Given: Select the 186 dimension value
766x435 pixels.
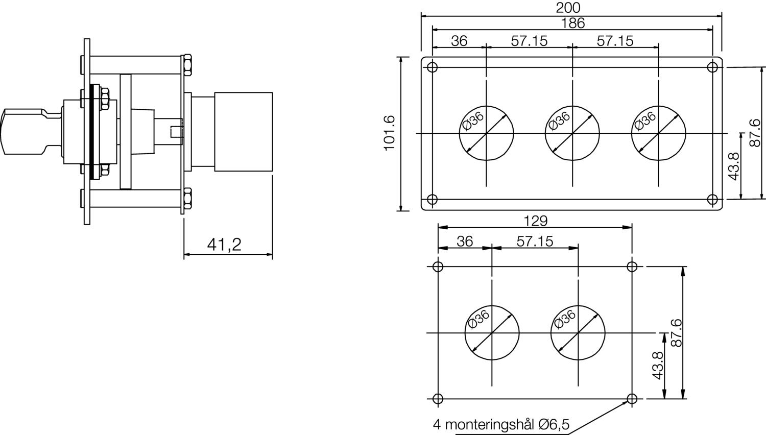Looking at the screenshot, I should (x=572, y=23).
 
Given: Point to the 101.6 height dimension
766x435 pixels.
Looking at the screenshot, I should (x=390, y=133).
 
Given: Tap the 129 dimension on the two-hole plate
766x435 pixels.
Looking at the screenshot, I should (x=536, y=221).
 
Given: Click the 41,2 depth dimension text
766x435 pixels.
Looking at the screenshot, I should (x=224, y=245).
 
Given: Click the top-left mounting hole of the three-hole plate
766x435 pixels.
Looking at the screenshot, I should (x=433, y=67).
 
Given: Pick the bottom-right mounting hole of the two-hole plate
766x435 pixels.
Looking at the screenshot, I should (x=632, y=399).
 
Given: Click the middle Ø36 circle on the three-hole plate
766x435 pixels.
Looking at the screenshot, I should (x=572, y=133).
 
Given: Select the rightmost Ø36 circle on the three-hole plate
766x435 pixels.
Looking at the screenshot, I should (x=658, y=133).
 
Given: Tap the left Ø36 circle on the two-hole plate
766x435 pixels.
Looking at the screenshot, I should (x=492, y=333).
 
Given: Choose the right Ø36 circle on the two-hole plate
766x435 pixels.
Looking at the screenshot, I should (x=578, y=333).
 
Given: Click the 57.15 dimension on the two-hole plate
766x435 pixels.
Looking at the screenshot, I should (x=535, y=241).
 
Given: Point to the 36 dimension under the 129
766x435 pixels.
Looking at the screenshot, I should (x=465, y=241).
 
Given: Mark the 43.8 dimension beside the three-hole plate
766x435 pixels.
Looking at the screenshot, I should (x=734, y=166).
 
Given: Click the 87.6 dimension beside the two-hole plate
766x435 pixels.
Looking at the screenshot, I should (x=676, y=333).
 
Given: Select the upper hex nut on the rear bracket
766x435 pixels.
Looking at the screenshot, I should (x=187, y=65).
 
